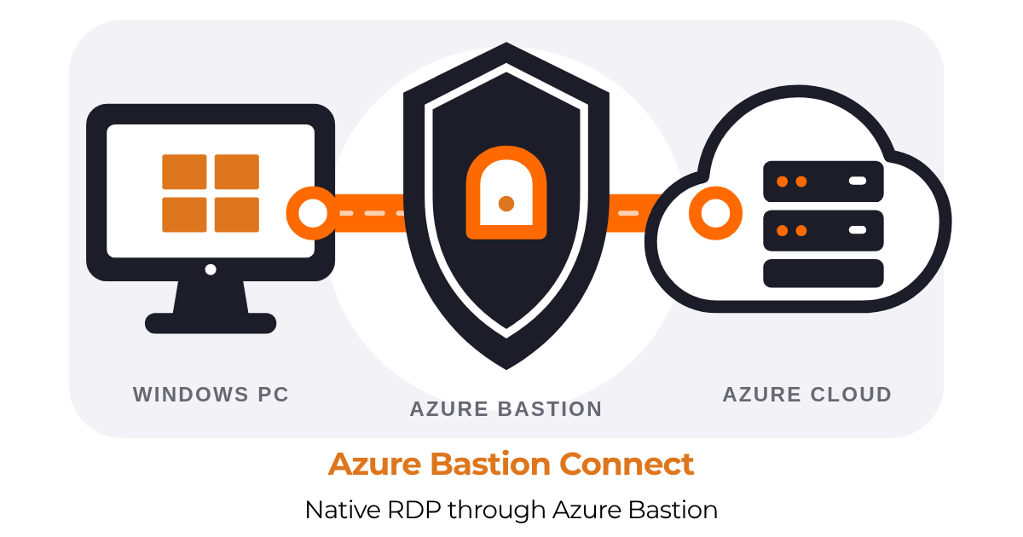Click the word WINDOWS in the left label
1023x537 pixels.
pos(191,395)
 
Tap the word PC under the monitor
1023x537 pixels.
pos(273,395)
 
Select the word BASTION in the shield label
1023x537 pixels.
pos(550,409)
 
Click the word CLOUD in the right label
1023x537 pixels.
pos(852,395)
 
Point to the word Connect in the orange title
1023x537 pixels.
pos(627,464)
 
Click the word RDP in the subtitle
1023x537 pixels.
pos(414,510)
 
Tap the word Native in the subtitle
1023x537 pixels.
pos(343,510)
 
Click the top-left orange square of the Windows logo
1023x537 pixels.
pos(184,171)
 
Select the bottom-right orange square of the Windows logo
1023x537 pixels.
pos(237,215)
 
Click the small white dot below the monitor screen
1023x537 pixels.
pos(211,269)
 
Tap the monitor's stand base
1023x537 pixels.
pos(211,323)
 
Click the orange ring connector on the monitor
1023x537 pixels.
pos(313,213)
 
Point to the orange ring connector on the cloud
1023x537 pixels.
pos(715,213)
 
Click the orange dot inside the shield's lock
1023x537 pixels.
pos(506,204)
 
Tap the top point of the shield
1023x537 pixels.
pos(506,43)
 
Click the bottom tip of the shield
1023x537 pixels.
pos(506,369)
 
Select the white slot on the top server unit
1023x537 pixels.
pos(858,181)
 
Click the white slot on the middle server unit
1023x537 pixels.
pos(858,230)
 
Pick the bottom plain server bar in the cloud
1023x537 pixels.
pos(824,274)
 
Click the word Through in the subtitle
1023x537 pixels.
pos(496,510)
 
